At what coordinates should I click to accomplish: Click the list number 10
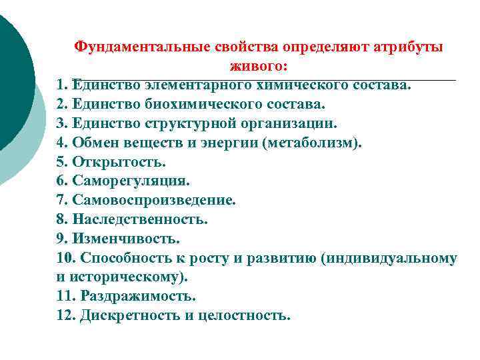click(65, 257)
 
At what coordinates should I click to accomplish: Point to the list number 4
click(62, 143)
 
